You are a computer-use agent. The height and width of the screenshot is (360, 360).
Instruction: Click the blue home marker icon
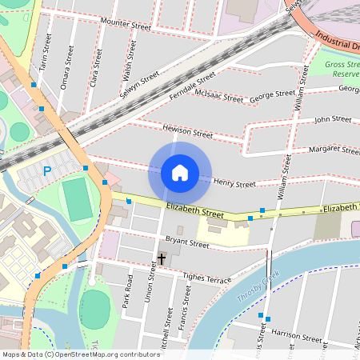[x=180, y=173]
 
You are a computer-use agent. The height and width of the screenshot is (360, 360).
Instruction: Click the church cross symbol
[x=162, y=259]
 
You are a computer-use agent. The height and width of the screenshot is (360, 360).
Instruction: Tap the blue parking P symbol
[x=47, y=170]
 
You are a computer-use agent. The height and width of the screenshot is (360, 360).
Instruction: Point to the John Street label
[x=332, y=119]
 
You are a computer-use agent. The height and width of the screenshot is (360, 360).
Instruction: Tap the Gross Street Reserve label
[x=342, y=68]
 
